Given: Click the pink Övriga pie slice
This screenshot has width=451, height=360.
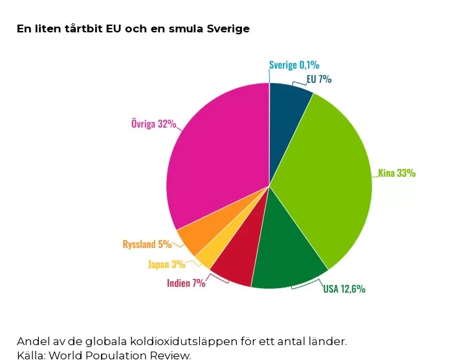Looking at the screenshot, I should pyautogui.click(x=217, y=155).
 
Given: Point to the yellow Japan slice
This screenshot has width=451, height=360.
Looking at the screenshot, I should pyautogui.click(x=205, y=256).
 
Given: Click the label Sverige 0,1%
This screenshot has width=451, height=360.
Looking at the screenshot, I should pyautogui.click(x=294, y=65).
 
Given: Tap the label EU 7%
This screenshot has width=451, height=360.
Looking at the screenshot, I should pyautogui.click(x=319, y=79).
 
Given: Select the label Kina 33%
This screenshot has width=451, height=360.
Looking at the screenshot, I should pyautogui.click(x=397, y=173).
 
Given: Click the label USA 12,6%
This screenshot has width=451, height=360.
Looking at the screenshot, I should pyautogui.click(x=344, y=289).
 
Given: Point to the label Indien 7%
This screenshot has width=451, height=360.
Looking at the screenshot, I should pyautogui.click(x=186, y=283).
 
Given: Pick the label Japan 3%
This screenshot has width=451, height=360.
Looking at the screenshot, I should pyautogui.click(x=166, y=264).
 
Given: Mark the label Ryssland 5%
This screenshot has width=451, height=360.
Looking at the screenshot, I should pyautogui.click(x=147, y=244).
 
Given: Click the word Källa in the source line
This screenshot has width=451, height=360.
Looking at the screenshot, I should pyautogui.click(x=30, y=355).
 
